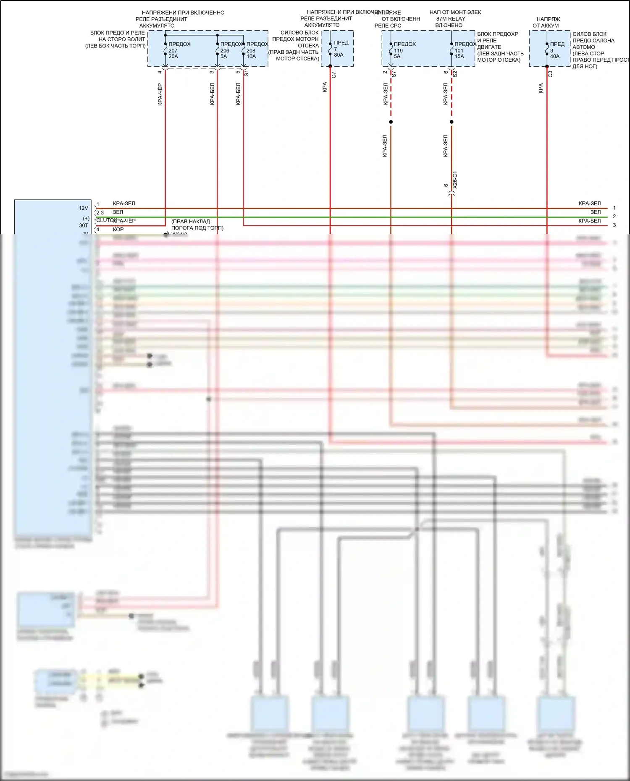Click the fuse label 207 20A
(x=173, y=53)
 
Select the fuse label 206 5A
(x=225, y=53)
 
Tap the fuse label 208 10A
(x=251, y=53)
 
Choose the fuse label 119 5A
(x=398, y=53)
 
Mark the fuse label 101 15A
(x=459, y=53)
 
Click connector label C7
(x=334, y=75)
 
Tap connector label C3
(x=550, y=74)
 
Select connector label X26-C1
(x=455, y=180)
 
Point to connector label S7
(x=394, y=74)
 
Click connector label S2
(x=455, y=74)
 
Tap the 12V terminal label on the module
(x=84, y=208)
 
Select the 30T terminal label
(x=84, y=225)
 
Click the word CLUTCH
(x=105, y=220)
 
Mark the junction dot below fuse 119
(x=391, y=122)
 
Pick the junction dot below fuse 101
(x=451, y=122)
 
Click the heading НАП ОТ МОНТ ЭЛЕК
(x=455, y=12)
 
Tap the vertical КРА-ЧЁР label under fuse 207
(x=160, y=94)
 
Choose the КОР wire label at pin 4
(x=118, y=230)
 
